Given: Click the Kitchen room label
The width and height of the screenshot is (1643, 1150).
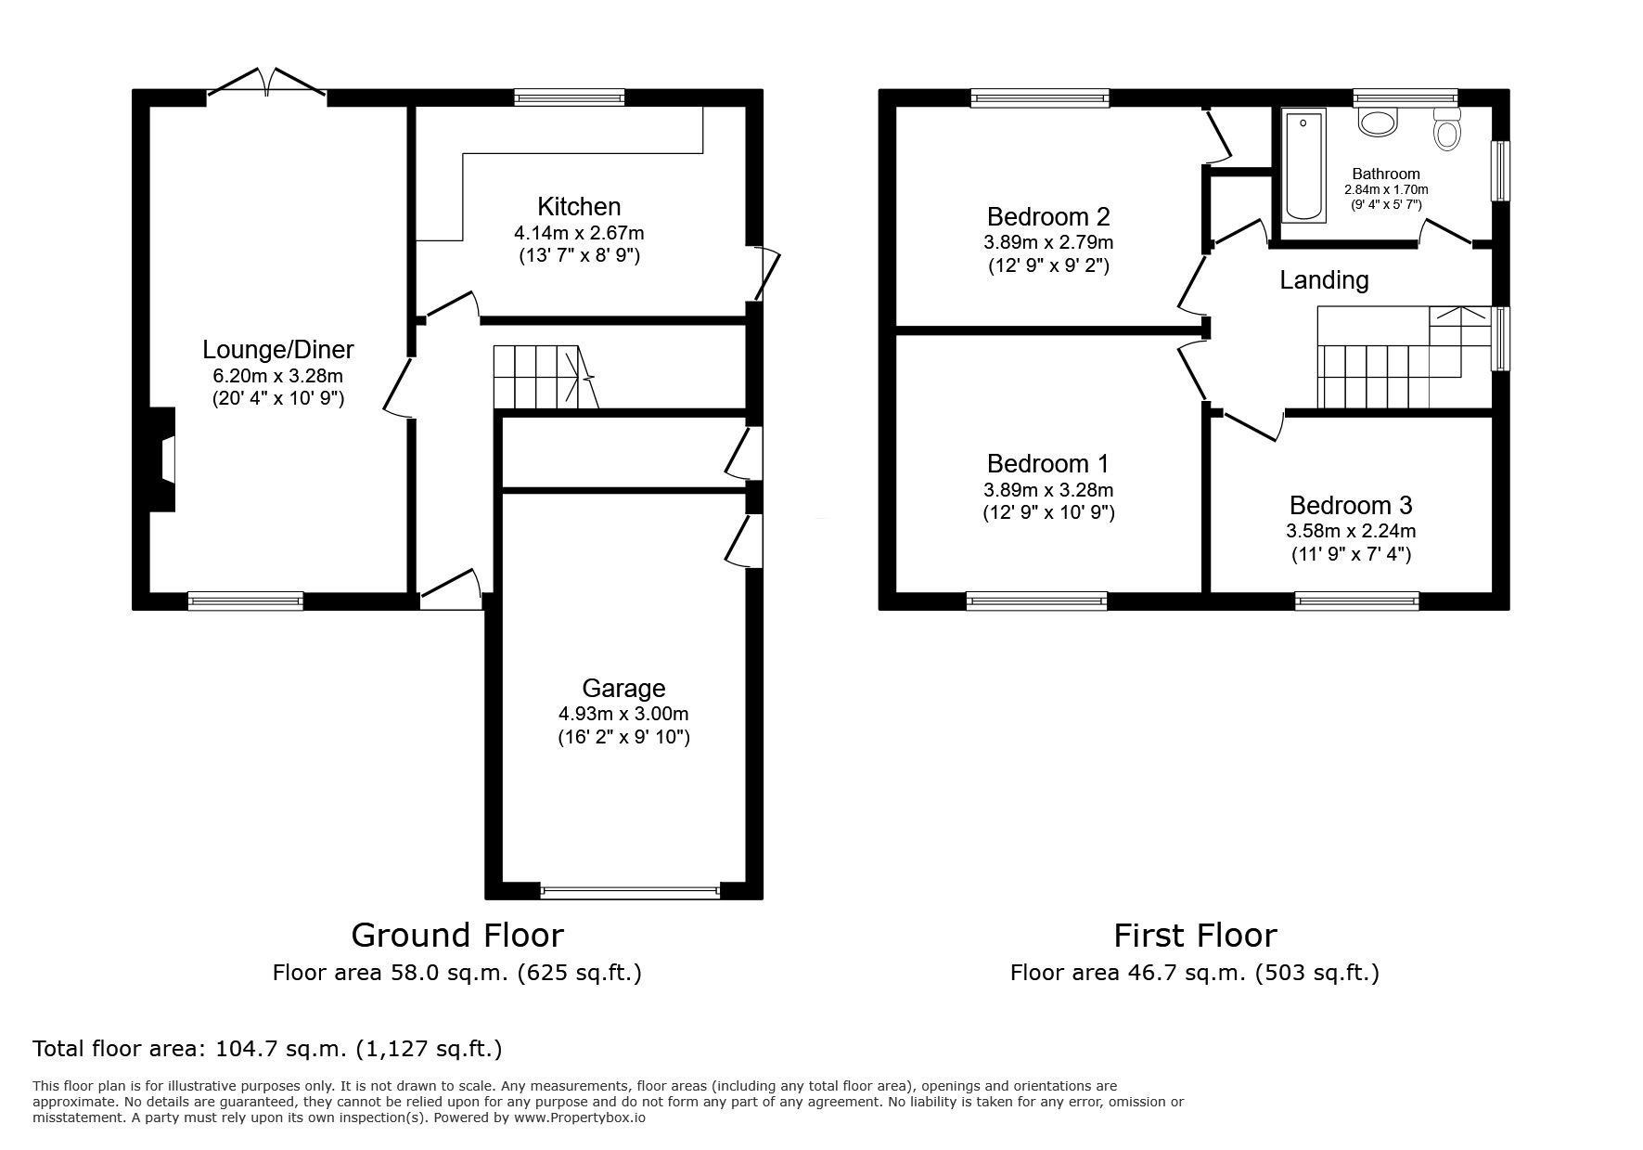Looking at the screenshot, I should (x=579, y=206).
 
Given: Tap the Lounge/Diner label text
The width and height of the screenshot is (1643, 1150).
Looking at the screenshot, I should (x=278, y=350).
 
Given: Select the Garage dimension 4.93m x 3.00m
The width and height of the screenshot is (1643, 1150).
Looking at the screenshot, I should (x=623, y=714).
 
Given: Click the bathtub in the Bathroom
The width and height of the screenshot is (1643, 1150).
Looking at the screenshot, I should (x=1303, y=165).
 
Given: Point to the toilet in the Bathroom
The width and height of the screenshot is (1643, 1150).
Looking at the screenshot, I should (x=1446, y=130).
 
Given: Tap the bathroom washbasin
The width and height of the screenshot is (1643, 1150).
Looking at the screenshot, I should (x=1378, y=122).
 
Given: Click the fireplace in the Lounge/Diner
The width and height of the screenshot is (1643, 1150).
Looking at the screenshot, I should (x=164, y=459).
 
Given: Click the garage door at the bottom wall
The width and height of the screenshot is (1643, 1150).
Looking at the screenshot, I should (x=630, y=892).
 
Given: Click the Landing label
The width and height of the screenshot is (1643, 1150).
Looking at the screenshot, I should (x=1324, y=279).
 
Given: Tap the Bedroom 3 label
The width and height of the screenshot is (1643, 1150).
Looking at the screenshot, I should (x=1350, y=505).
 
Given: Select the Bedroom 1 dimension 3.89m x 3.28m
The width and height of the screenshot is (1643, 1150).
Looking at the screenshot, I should (x=1048, y=489).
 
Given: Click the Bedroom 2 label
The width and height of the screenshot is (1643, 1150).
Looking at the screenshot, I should (x=1048, y=216).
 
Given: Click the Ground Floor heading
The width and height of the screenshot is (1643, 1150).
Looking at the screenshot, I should (x=456, y=934).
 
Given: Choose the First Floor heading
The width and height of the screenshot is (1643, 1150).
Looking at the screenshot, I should (x=1195, y=934).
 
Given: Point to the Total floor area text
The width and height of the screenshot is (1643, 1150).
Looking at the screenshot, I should (x=267, y=1049).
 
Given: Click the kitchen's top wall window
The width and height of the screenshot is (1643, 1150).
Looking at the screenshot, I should (x=570, y=97).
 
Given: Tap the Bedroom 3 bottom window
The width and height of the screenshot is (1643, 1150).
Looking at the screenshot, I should (x=1357, y=601).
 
